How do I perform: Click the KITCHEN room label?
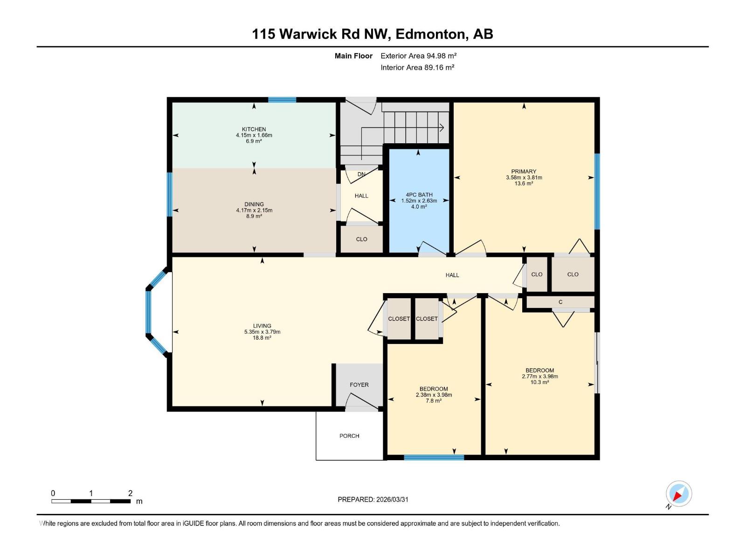tap(254, 129)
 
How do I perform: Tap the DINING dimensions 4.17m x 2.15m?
tap(254, 210)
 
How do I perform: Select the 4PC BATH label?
tap(419, 195)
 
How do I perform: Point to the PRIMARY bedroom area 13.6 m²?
tap(524, 184)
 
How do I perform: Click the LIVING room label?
tap(262, 326)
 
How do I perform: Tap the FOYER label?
tap(359, 385)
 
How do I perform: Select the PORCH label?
tap(349, 436)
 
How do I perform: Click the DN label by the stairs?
tap(361, 175)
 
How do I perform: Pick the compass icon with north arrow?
tap(678, 494)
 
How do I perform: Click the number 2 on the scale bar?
tap(130, 493)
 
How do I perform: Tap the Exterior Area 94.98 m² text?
tap(418, 56)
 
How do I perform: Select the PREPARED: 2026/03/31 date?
tap(373, 499)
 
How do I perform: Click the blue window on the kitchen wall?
tap(282, 99)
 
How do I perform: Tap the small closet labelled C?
tap(560, 302)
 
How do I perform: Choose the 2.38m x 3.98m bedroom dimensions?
tap(434, 395)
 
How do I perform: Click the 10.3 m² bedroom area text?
tap(539, 382)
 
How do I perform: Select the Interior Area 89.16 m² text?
tap(417, 68)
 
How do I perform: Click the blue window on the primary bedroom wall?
tap(597, 191)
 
